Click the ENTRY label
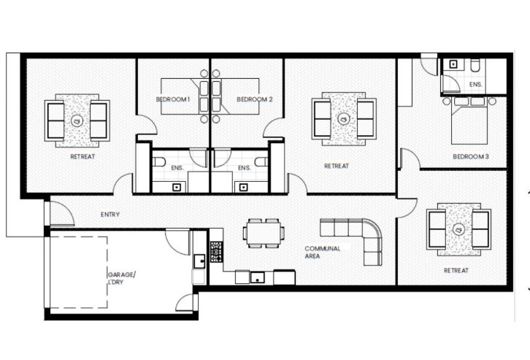[x=110, y=215]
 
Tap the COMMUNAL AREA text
[x=322, y=253]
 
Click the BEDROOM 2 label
[x=254, y=99]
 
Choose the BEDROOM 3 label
[x=470, y=156]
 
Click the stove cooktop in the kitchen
[x=216, y=253]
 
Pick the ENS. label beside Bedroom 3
[x=476, y=85]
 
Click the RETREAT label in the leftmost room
[x=82, y=156]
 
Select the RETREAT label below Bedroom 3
[x=456, y=270]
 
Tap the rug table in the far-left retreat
[x=77, y=119]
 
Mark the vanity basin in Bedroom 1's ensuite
[x=176, y=185]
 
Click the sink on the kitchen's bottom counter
[x=256, y=277]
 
